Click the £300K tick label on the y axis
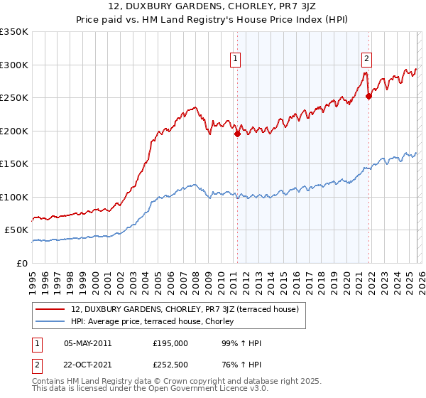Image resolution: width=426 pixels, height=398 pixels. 14,65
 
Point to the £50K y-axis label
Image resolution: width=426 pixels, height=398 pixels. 16,230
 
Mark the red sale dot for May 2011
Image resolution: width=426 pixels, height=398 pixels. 237,134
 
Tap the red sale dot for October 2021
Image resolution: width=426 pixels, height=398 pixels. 368,96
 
